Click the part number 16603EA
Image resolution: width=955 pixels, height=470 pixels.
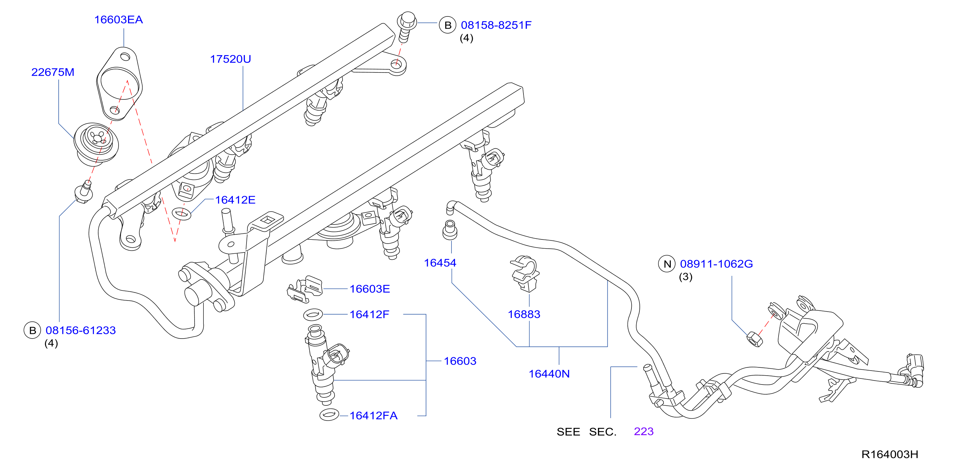(119, 20)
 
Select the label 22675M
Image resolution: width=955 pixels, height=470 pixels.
(53, 72)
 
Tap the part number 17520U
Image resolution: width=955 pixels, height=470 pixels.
(231, 59)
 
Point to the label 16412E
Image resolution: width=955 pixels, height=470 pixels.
(235, 200)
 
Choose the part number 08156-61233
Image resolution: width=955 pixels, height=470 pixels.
(81, 330)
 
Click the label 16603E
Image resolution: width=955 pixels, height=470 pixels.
(370, 289)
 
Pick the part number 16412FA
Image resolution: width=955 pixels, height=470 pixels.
(373, 416)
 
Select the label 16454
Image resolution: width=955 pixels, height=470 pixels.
(440, 263)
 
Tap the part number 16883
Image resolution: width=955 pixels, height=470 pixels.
(524, 314)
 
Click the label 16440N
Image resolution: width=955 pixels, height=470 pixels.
(549, 374)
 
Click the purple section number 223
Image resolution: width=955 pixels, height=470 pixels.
(644, 431)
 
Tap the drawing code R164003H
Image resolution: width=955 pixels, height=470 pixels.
(890, 454)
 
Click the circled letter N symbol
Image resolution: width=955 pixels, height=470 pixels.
(667, 264)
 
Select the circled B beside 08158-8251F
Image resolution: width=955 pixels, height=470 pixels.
(447, 25)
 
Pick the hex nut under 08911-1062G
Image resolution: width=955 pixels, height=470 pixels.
(754, 339)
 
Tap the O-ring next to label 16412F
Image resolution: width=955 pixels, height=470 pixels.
(313, 315)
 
